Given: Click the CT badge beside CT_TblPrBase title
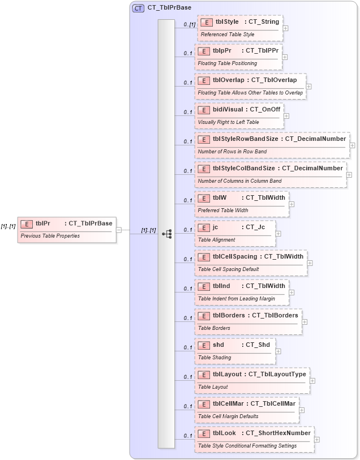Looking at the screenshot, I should (x=138, y=8).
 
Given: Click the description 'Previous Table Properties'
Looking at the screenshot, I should (x=50, y=235).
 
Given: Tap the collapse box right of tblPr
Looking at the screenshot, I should (x=119, y=230).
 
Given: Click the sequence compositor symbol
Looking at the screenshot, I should (x=167, y=233).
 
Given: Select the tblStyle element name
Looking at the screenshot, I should (x=227, y=22).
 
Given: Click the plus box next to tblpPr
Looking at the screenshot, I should (x=285, y=57).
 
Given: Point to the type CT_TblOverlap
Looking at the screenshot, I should (x=274, y=80).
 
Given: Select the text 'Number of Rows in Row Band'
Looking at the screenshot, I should (x=232, y=152).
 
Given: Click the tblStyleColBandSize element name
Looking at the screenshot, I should (x=243, y=168).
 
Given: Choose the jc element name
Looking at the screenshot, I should (x=215, y=227).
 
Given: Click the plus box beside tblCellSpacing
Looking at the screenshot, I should (x=310, y=263).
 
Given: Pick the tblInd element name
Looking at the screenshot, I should (x=221, y=286).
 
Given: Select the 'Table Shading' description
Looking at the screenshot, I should (x=215, y=357).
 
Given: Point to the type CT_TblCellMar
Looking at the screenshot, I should (x=273, y=403).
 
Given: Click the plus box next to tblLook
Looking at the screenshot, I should (x=316, y=439).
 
